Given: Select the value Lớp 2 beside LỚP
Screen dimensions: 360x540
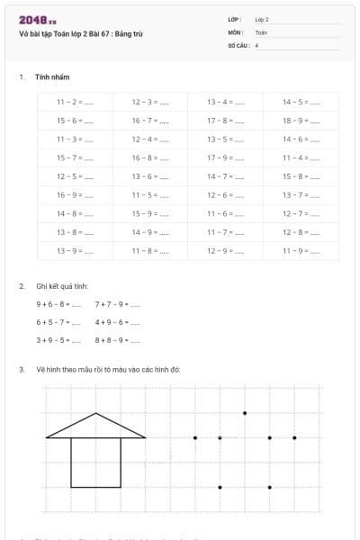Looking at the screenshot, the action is point(263,19).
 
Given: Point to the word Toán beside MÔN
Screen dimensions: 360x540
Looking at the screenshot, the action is point(261,31).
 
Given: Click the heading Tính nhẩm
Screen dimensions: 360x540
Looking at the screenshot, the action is point(52,77).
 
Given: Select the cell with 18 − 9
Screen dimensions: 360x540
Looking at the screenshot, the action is point(301,121).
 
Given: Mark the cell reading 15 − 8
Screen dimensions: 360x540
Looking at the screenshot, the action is point(301,176).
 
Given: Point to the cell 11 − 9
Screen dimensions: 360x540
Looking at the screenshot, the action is point(301,251).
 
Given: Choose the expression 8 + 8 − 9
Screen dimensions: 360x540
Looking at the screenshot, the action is point(117,340).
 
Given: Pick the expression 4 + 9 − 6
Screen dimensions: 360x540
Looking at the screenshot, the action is point(117,321).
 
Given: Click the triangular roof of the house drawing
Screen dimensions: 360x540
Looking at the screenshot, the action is point(96,427).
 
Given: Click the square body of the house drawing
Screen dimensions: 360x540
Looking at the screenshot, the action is point(96,463).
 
